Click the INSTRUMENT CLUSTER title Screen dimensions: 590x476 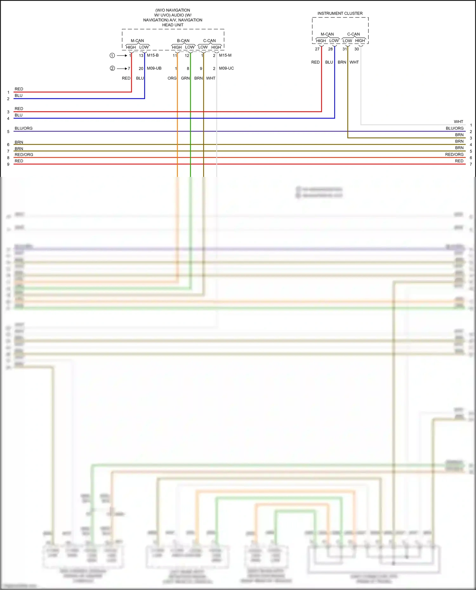pos(340,13)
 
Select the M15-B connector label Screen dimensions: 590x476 pos(153,55)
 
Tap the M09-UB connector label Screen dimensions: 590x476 pos(154,68)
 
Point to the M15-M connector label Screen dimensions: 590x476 pos(225,55)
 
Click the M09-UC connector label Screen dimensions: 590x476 pos(226,68)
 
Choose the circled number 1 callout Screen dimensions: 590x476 pos(112,55)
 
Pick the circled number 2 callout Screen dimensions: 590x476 pos(112,68)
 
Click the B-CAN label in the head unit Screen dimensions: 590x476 pos(183,41)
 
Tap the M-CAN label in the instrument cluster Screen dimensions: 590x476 pos(327,34)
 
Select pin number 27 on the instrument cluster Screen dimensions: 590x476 pos(317,49)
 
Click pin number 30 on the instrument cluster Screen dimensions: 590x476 pos(357,49)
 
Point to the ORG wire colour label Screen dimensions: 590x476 pos(172,78)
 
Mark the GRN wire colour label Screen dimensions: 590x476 pos(185,78)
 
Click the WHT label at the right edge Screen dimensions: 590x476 pos(458,121)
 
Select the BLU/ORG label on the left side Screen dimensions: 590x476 pos(23,128)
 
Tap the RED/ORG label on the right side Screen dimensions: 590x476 pos(454,154)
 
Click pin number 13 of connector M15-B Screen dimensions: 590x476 pos(141,55)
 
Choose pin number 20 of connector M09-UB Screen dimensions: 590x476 pos(141,68)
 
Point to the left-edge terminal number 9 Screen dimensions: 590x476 pos(8,164)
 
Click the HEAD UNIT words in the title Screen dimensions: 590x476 pos(173,25)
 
